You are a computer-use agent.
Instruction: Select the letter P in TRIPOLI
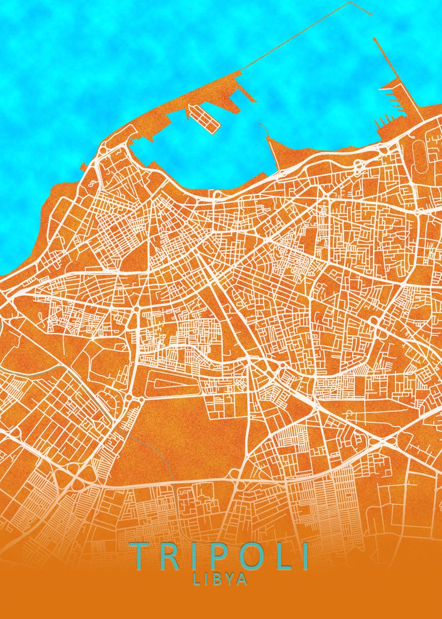pyautogui.click(x=219, y=556)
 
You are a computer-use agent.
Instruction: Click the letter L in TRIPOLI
pyautogui.click(x=283, y=556)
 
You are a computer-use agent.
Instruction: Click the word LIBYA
pyautogui.click(x=220, y=579)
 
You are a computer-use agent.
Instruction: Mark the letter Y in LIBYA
pyautogui.click(x=230, y=579)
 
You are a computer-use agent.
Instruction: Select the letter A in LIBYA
pyautogui.click(x=242, y=579)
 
